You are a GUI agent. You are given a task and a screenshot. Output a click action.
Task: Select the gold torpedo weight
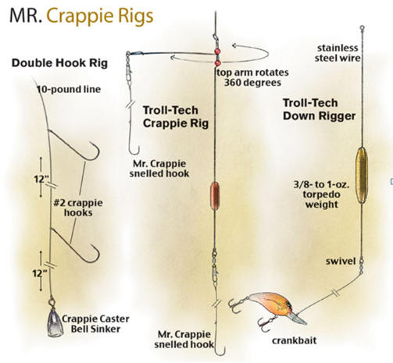362,175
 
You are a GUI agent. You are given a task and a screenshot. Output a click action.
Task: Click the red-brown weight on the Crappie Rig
215,196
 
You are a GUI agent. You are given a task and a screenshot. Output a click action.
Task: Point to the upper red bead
217,51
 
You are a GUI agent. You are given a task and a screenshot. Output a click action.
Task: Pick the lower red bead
218,63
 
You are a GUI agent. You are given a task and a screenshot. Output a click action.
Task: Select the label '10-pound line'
69,90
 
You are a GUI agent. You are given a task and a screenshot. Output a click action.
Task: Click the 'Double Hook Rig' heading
59,63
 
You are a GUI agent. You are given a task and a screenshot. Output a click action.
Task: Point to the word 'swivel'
341,261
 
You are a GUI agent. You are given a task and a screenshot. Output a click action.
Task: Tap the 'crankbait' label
295,340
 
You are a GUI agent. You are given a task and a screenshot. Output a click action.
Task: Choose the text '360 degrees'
252,83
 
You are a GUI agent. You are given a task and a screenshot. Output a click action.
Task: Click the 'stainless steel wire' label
338,53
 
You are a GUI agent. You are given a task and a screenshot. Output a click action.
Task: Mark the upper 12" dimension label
41,179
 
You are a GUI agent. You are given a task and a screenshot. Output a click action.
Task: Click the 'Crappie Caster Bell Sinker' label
95,324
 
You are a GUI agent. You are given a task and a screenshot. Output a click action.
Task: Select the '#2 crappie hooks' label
78,208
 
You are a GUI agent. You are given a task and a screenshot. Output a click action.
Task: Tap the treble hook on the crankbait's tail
235,305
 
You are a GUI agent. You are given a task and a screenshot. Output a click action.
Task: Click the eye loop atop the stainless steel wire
362,27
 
